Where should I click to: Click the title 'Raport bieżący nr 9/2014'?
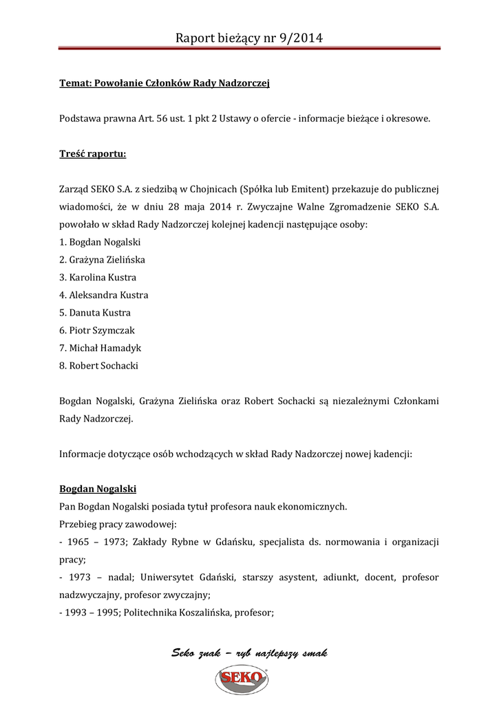point(249,38)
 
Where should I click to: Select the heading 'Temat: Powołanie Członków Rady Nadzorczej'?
point(164,84)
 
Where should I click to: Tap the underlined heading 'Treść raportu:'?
point(93,154)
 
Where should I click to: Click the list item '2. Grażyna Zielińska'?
point(102,260)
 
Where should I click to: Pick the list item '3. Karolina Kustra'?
point(98,278)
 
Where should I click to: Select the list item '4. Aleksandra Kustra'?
point(103,295)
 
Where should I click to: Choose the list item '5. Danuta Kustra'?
point(95,313)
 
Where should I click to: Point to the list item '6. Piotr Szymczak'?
point(97,331)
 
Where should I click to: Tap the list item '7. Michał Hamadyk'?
point(100,348)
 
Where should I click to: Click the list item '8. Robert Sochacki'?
point(98,366)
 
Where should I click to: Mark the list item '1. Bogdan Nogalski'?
point(100,242)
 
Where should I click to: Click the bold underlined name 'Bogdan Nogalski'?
point(98,489)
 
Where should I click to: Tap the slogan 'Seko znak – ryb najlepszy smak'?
point(249,653)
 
